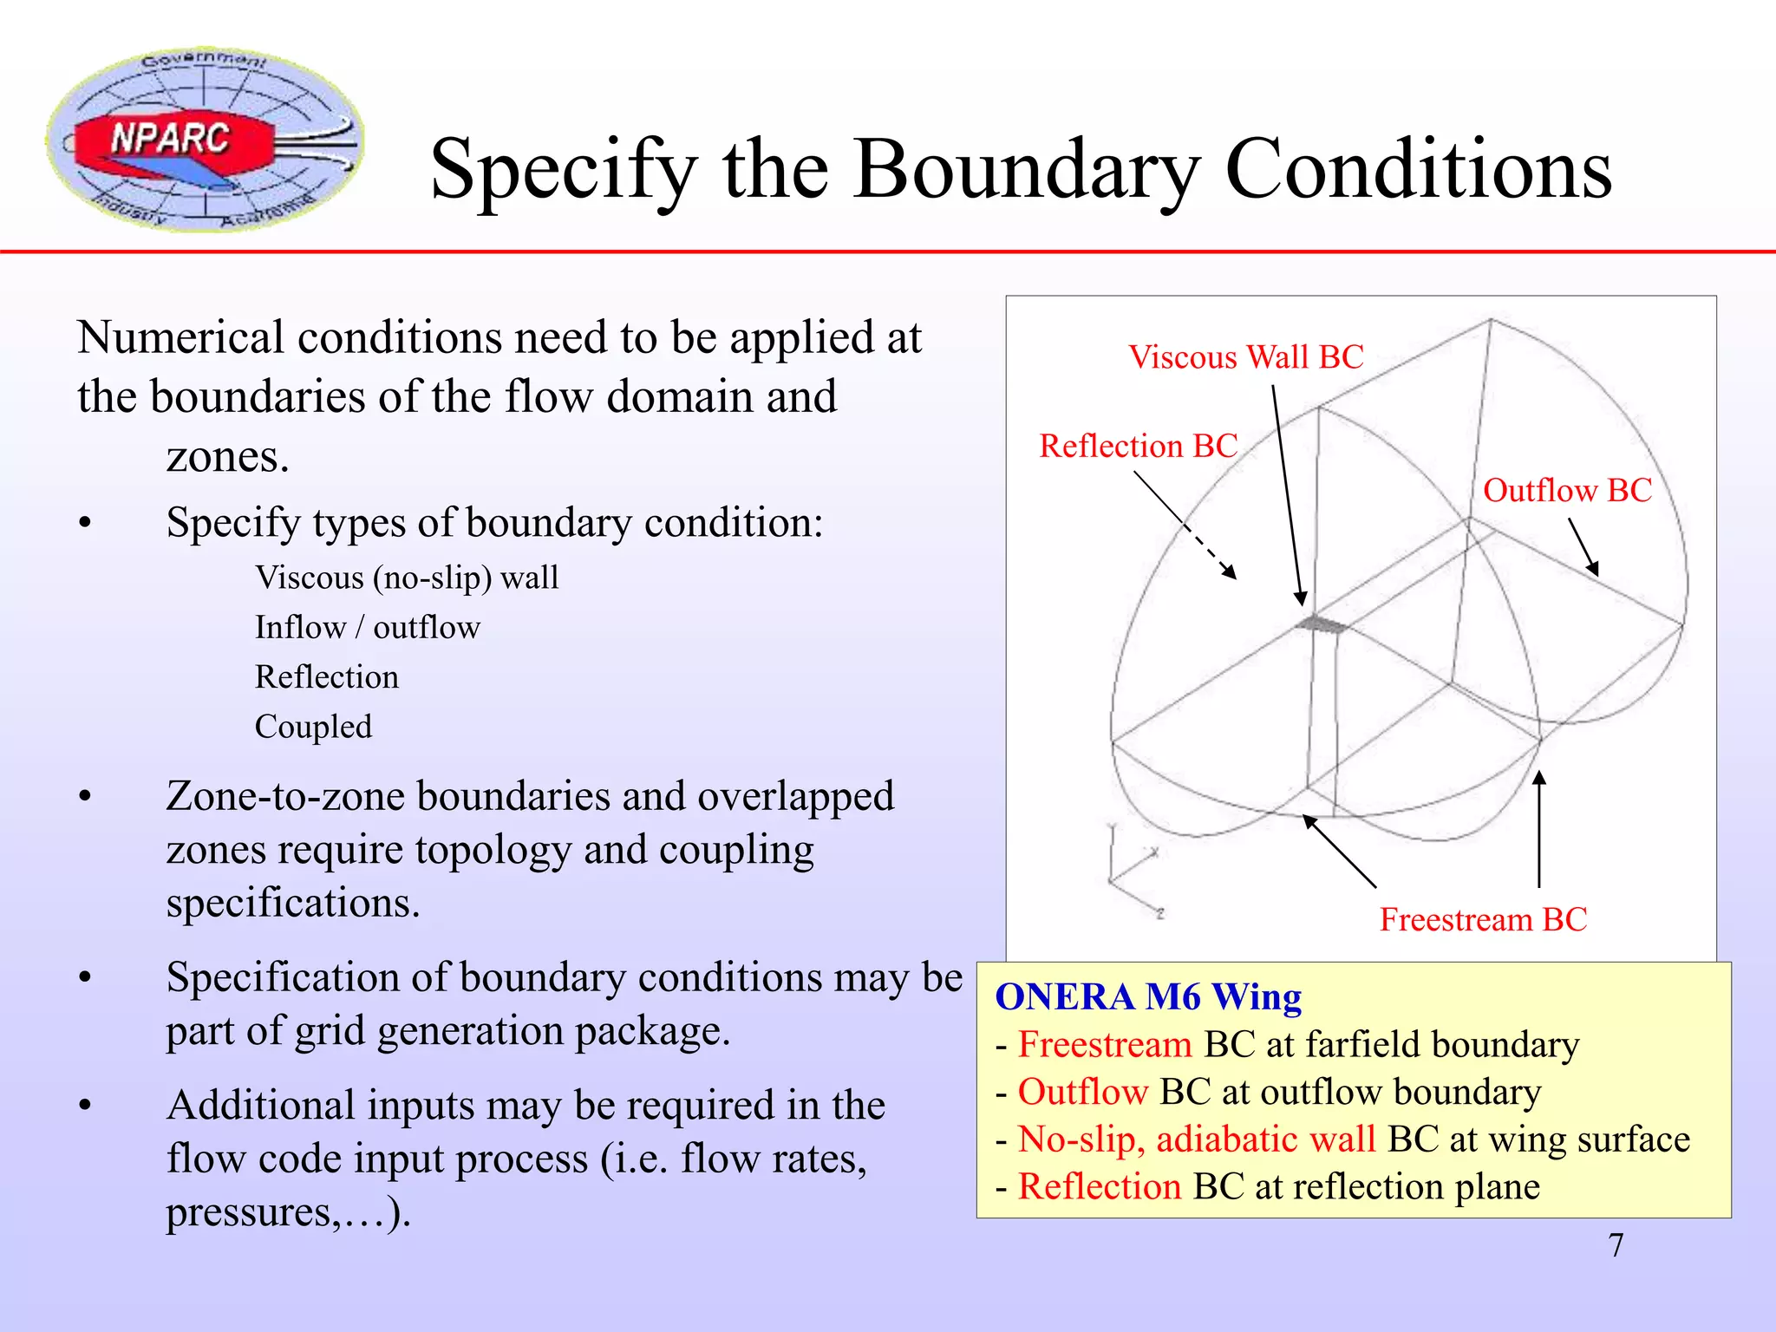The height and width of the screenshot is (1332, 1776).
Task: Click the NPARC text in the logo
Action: pos(170,139)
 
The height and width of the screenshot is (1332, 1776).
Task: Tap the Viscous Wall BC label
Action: pos(1245,357)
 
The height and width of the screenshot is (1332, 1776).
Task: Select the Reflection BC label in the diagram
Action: pos(1138,446)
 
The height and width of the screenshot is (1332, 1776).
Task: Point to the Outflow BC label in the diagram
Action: pos(1567,491)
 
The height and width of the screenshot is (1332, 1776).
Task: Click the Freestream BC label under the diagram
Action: pos(1483,919)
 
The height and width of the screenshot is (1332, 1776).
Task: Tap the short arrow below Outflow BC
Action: pos(1583,547)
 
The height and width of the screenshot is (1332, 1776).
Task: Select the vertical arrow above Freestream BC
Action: pos(1539,828)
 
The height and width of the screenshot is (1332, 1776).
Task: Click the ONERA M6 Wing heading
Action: pos(1148,997)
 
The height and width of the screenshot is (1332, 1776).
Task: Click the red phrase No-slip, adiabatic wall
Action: pos(1197,1139)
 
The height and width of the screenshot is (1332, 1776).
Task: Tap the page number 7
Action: pos(1616,1245)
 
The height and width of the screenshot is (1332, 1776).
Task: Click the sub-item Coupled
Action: pos(313,727)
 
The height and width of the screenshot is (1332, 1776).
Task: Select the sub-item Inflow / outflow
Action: pos(367,627)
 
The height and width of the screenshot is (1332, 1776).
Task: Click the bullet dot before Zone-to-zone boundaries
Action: pos(84,796)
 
